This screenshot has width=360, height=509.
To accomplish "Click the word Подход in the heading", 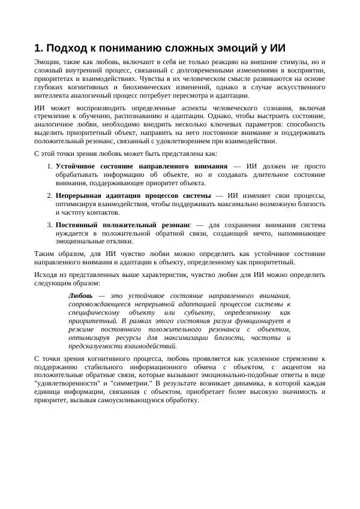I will tap(69, 49).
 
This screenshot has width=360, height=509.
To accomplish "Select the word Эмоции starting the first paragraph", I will tap(46, 61).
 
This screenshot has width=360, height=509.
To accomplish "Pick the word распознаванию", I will tap(137, 116).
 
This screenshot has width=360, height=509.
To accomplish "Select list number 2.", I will tap(49, 195).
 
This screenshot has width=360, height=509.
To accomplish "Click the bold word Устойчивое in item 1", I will tap(76, 166).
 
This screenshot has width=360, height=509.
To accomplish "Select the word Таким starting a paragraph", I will tap(44, 254).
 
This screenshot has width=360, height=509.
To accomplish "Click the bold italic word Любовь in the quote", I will tap(80, 296).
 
